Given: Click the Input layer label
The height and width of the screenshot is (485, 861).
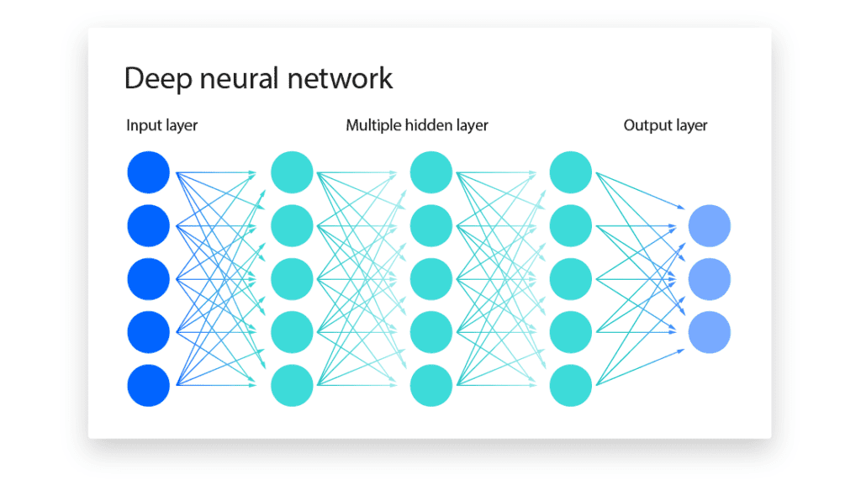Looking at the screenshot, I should tap(162, 125).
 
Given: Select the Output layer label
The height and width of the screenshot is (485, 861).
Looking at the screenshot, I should tap(665, 125).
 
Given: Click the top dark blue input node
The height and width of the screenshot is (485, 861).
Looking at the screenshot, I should tap(149, 172).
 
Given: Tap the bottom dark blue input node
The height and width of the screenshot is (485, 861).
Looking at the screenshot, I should tap(149, 386).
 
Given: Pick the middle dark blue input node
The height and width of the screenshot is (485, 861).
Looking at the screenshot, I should tap(149, 279).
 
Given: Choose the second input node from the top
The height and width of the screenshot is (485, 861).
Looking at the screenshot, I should tap(149, 225).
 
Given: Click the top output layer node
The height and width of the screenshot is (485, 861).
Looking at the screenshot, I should tap(709, 225).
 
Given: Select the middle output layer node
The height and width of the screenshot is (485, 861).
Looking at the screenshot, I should tap(709, 279).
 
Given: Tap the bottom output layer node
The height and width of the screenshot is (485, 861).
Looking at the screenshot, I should tap(709, 332).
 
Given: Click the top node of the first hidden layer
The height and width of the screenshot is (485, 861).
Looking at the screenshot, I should tap(292, 172).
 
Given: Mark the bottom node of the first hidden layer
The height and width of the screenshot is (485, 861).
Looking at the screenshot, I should tap(292, 386).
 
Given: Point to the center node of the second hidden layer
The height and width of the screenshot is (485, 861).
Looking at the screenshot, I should tap(431, 279).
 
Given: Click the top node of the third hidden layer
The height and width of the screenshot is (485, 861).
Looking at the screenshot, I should tap(570, 172).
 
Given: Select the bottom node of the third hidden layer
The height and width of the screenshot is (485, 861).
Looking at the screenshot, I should tap(570, 386).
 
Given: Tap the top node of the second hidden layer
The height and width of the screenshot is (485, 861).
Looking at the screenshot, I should tap(431, 172).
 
